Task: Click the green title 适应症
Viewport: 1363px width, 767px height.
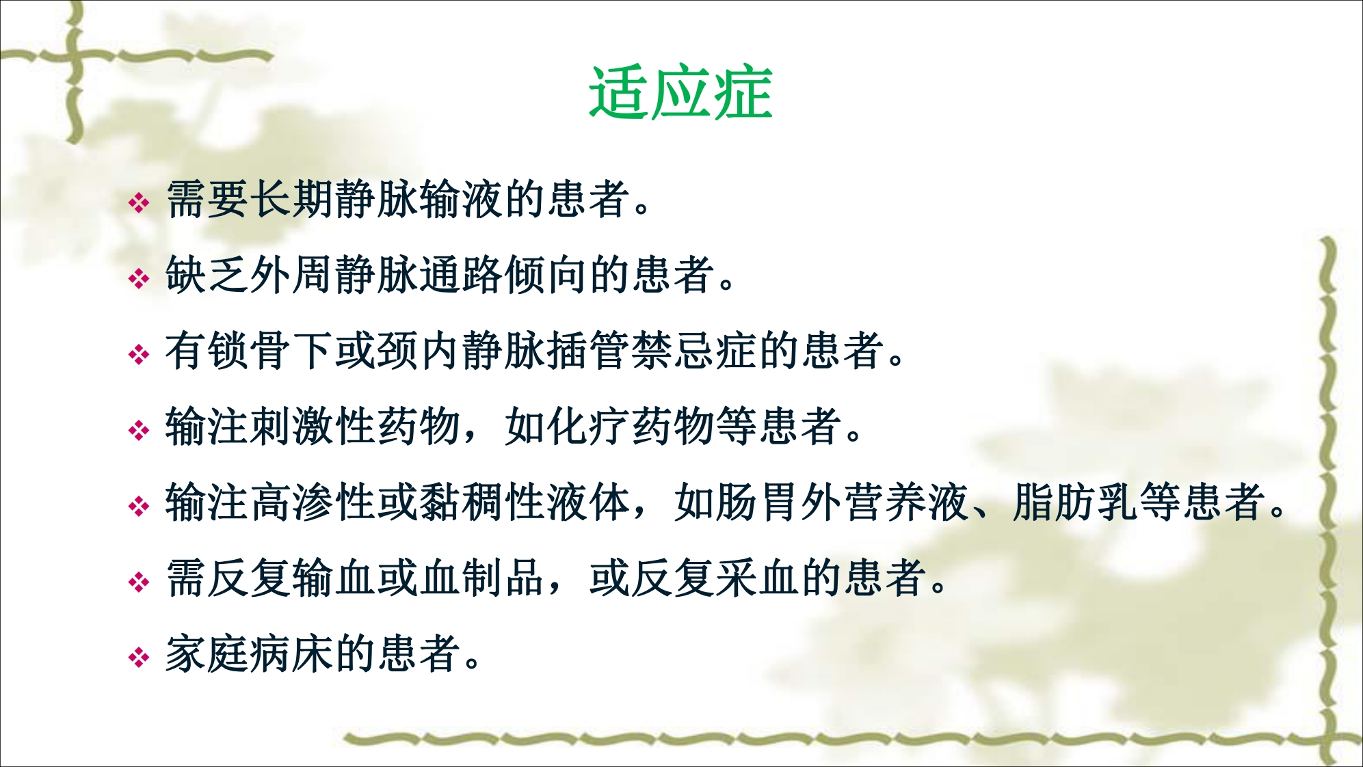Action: (680, 93)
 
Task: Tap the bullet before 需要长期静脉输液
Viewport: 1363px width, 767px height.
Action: (139, 202)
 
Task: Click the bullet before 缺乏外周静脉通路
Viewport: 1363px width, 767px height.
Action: (139, 278)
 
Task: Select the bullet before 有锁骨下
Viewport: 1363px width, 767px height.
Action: (139, 354)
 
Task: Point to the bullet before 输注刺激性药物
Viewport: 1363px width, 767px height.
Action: (139, 430)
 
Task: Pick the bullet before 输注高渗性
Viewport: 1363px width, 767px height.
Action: (139, 506)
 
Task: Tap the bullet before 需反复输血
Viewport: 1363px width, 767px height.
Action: (139, 582)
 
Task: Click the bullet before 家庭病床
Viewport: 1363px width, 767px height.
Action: (139, 658)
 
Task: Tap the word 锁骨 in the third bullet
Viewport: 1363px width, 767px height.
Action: (250, 351)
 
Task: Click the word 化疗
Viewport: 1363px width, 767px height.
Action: (590, 427)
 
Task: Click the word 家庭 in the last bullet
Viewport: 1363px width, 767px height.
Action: (207, 654)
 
